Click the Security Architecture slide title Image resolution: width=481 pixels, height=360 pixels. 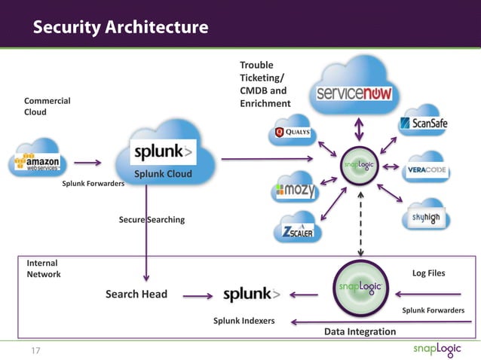pos(120,28)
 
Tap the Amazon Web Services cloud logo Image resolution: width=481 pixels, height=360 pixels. pos(41,160)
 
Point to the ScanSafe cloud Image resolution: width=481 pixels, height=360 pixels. pos(424,124)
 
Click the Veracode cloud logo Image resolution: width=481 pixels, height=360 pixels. pos(426,169)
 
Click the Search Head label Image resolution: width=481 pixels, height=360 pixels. pos(136,294)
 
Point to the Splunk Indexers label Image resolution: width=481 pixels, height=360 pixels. pos(244,321)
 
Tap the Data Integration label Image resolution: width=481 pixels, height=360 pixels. pos(360,331)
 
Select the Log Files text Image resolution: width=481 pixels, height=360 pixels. pos(428,274)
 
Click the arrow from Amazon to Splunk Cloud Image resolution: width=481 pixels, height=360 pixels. pos(87,161)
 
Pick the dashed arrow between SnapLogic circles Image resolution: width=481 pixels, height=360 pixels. pos(360,222)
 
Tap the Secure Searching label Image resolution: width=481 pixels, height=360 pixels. pos(152,220)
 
